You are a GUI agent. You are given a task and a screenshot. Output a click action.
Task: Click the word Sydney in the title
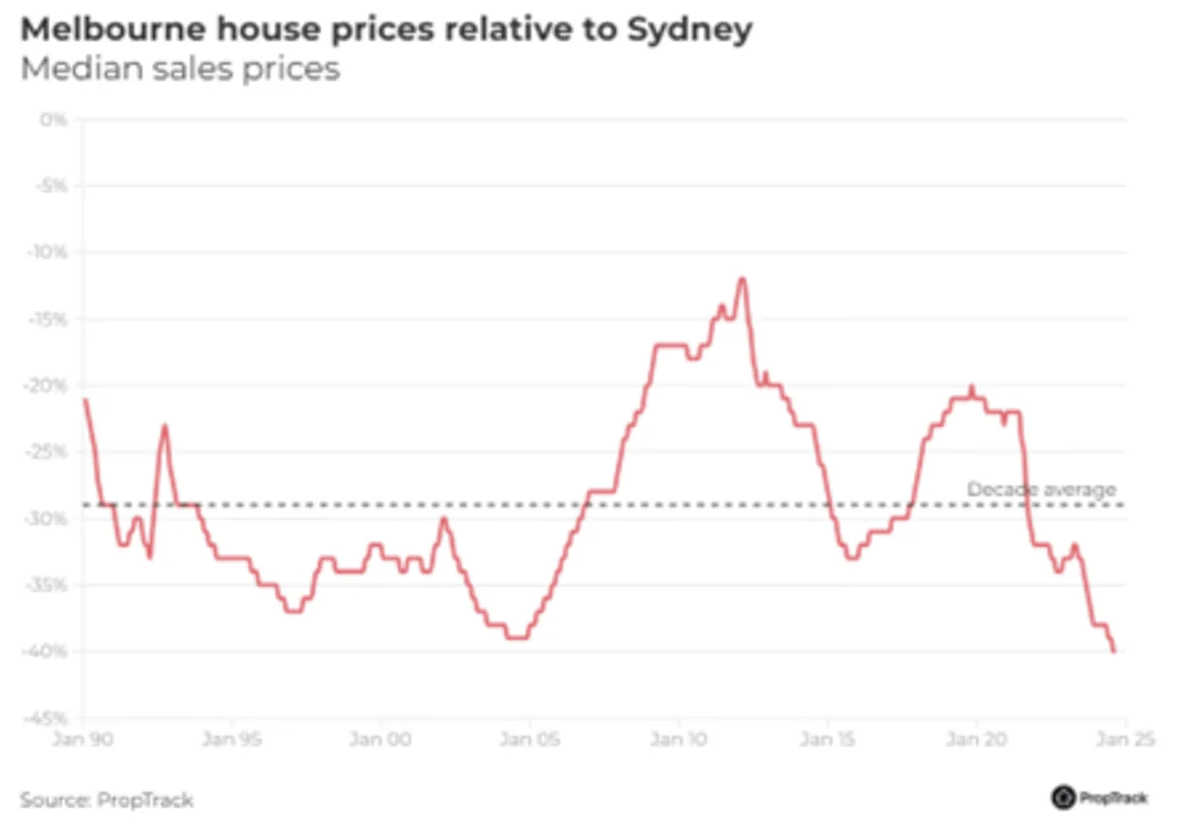click(690, 31)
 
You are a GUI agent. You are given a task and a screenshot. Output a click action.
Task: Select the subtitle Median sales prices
click(180, 70)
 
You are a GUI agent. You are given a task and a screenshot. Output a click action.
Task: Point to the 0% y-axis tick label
click(54, 120)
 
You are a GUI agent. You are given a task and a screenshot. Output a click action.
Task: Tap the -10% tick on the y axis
click(49, 253)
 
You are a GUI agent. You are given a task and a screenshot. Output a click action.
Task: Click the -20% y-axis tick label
click(49, 386)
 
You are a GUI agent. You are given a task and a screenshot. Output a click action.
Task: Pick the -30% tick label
click(49, 519)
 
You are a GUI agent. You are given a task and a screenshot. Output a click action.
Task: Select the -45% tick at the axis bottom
click(49, 718)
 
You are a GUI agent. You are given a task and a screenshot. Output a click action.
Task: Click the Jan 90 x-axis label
click(83, 738)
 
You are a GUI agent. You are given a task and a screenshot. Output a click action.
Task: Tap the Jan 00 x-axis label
click(381, 738)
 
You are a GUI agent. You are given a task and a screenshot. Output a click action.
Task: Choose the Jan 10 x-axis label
click(678, 738)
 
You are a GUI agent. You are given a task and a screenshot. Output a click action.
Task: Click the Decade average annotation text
click(1041, 490)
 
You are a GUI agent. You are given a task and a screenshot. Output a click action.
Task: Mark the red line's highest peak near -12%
click(741, 278)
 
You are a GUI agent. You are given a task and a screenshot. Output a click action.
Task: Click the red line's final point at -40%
click(1114, 651)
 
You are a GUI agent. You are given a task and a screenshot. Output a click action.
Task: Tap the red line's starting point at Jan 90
click(84, 400)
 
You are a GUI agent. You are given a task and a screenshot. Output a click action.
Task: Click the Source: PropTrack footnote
click(106, 800)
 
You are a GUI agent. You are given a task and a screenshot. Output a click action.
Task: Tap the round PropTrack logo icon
click(1063, 798)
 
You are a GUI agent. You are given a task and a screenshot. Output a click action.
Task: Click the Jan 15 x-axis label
click(827, 738)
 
